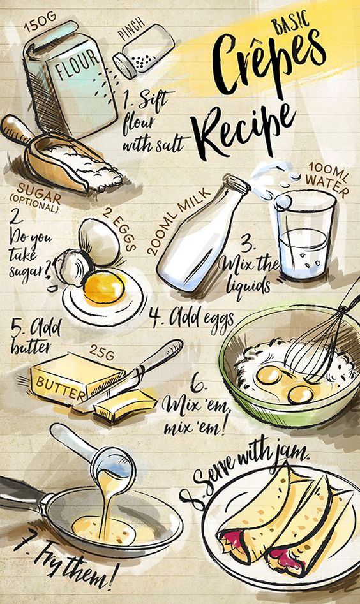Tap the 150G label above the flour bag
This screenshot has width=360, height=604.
[x=40, y=21]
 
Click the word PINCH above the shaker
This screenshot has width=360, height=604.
[x=131, y=29]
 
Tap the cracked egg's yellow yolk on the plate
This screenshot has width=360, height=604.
[x=104, y=287]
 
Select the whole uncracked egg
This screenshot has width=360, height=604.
[x=99, y=242]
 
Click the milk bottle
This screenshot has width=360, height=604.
[x=202, y=234]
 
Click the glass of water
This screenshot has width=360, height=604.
[x=303, y=235]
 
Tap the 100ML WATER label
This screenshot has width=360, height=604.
[x=326, y=181]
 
